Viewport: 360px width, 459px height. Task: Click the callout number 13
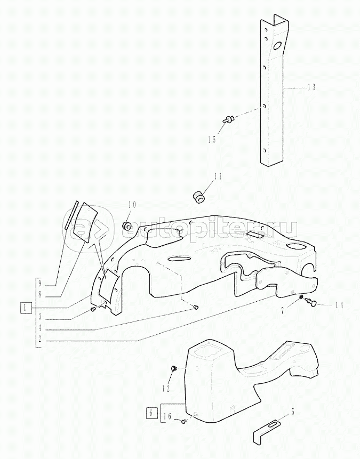pyautogui.click(x=311, y=87)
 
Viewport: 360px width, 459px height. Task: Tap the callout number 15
pyautogui.click(x=212, y=140)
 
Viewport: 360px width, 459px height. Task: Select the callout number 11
pyautogui.click(x=218, y=177)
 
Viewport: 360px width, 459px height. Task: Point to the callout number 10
pyautogui.click(x=132, y=204)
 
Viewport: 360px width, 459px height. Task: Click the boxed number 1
pyautogui.click(x=26, y=308)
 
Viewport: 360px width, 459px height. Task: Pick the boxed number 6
pyautogui.click(x=151, y=413)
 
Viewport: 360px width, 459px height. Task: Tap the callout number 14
pyautogui.click(x=339, y=305)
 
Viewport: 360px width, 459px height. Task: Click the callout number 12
pyautogui.click(x=166, y=389)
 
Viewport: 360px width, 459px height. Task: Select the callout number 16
pyautogui.click(x=167, y=417)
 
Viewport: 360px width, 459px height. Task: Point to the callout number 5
pyautogui.click(x=292, y=412)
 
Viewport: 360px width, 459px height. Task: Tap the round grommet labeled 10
pyautogui.click(x=127, y=226)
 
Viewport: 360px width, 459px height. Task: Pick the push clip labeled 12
pyautogui.click(x=173, y=369)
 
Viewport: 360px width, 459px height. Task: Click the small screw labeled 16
pyautogui.click(x=184, y=421)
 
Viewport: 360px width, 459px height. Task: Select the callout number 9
pyautogui.click(x=40, y=284)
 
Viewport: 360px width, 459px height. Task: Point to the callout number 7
pyautogui.click(x=283, y=311)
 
